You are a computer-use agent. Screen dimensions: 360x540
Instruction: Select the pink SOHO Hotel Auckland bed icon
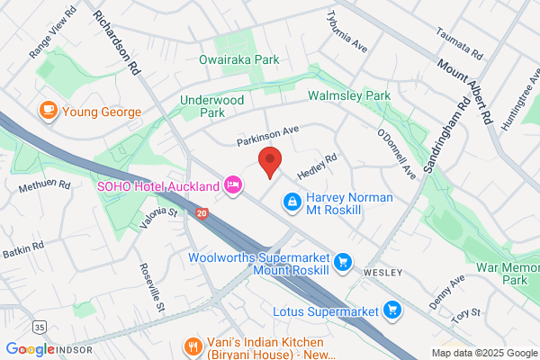pyautogui.click(x=233, y=185)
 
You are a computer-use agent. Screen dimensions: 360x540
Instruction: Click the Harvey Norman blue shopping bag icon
pyautogui.click(x=292, y=203)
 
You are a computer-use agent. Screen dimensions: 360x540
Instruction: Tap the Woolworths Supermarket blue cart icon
pyautogui.click(x=342, y=263)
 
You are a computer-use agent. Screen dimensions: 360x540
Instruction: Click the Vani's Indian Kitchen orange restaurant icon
pyautogui.click(x=192, y=346)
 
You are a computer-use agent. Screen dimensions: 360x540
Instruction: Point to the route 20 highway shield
pyautogui.click(x=202, y=213)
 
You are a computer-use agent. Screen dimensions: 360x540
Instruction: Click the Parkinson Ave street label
pyautogui.click(x=267, y=135)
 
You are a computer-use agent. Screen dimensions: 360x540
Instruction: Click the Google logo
pyautogui.click(x=30, y=348)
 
